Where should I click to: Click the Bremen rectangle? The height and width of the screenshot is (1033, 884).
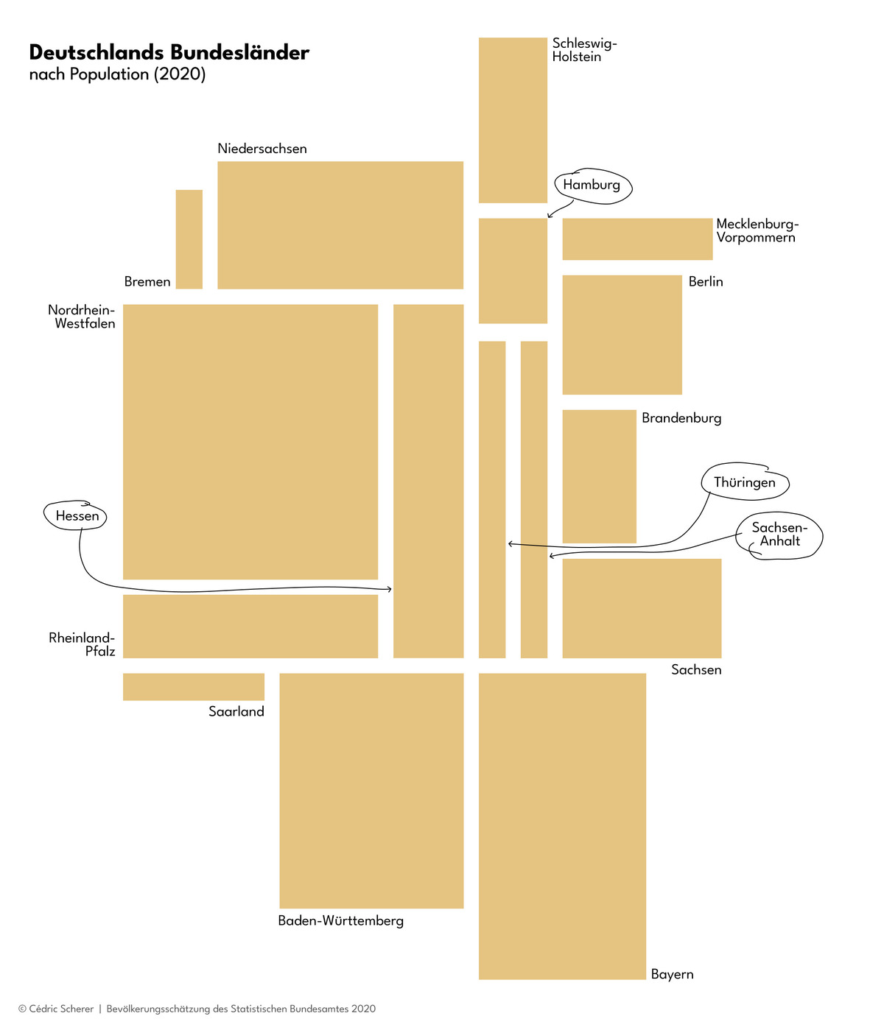point(189,239)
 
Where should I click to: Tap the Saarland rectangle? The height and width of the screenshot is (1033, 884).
point(194,687)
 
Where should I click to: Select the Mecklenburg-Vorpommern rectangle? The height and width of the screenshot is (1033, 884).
point(637,239)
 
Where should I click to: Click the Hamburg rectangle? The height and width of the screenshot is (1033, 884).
point(513,271)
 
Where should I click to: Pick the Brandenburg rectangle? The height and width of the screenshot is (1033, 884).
point(599,476)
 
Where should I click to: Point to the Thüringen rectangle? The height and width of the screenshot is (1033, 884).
point(492,500)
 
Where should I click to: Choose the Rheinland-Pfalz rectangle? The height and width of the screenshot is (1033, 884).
point(250,626)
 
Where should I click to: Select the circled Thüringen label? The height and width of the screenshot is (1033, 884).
point(745,482)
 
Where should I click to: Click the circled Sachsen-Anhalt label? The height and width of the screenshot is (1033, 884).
point(779,535)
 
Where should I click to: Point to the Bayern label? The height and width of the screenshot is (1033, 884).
point(672,974)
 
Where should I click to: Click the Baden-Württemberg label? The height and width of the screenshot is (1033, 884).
point(340,920)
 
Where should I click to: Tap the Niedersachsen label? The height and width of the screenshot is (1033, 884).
point(262,149)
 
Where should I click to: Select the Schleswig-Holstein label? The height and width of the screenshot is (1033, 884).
point(584,50)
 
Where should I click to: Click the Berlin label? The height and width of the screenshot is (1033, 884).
point(706,281)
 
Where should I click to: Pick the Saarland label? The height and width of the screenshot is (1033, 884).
point(236,711)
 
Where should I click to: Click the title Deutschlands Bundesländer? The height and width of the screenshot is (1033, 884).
point(169,52)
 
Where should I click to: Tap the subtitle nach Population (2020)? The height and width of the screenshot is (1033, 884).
point(118,74)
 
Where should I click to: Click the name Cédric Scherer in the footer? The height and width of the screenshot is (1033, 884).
point(61,1009)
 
